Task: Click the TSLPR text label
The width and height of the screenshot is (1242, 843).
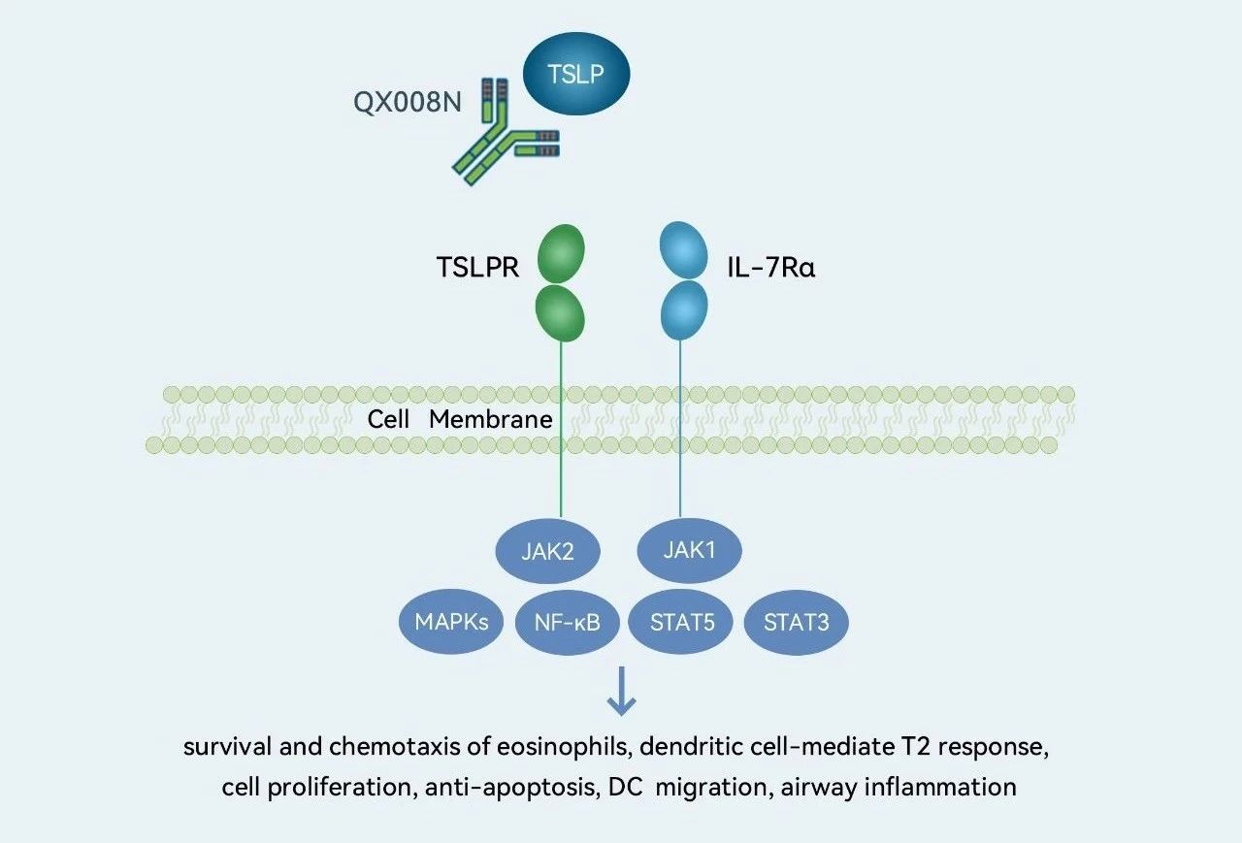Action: click(x=477, y=269)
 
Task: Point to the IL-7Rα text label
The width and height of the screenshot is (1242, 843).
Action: click(x=771, y=269)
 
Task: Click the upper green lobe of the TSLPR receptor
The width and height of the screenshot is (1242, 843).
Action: click(x=561, y=253)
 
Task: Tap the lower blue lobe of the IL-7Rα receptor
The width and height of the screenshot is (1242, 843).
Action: click(x=684, y=308)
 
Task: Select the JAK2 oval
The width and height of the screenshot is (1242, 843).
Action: click(x=548, y=552)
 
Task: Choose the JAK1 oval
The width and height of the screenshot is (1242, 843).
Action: click(x=689, y=550)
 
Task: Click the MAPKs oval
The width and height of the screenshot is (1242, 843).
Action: click(x=451, y=622)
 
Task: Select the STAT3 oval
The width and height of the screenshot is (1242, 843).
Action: click(x=796, y=622)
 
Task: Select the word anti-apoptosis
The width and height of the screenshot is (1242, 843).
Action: click(x=513, y=787)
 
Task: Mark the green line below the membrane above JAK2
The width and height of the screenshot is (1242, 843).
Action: click(x=561, y=485)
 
